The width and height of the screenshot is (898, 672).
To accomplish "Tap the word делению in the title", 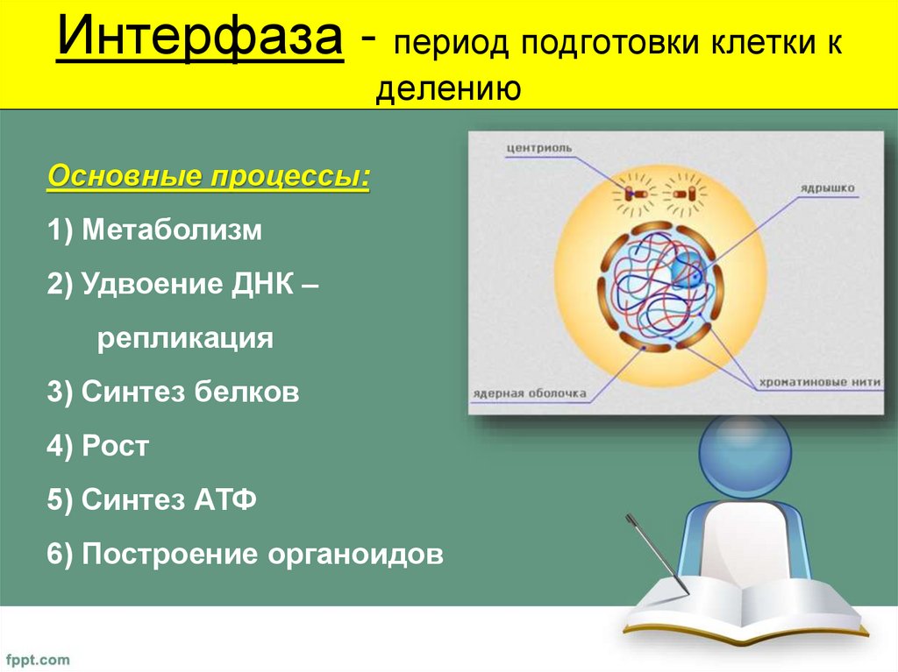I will (x=449, y=88).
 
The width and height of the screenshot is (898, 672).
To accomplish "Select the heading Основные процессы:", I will (x=209, y=175).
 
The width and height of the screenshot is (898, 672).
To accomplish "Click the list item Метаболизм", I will (x=172, y=231).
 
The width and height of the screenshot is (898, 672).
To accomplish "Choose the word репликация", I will (x=185, y=338).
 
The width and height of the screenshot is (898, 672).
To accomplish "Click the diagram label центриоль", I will (x=538, y=148).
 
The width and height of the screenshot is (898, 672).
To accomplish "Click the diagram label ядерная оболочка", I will (x=530, y=394).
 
